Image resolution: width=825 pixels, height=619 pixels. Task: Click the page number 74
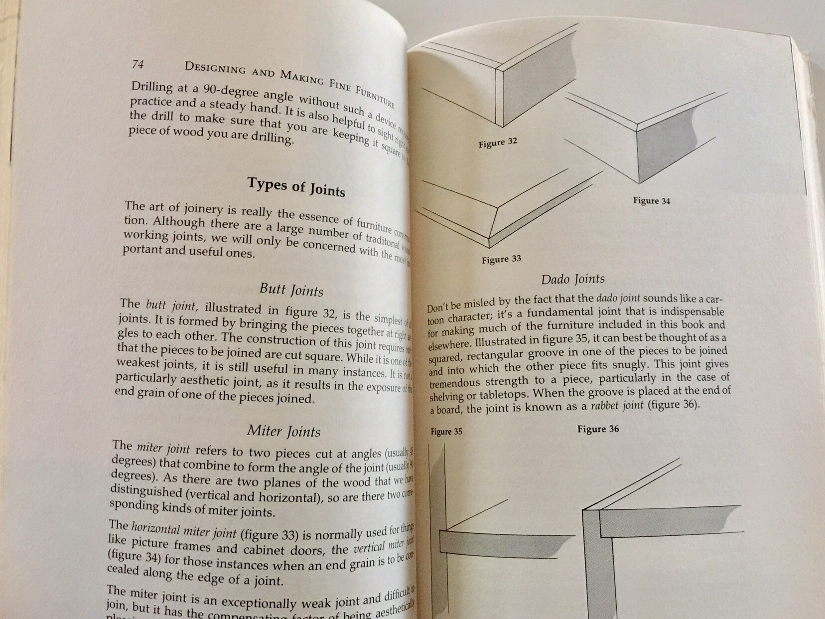pyautogui.click(x=138, y=64)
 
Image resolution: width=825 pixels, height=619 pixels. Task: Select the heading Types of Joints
pyautogui.click(x=296, y=187)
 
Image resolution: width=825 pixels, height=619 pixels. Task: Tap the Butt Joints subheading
pyautogui.click(x=291, y=290)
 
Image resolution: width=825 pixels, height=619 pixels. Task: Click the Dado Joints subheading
pyautogui.click(x=573, y=280)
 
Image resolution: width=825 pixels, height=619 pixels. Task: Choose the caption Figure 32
pyautogui.click(x=498, y=143)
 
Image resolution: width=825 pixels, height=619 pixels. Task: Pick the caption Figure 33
pyautogui.click(x=501, y=259)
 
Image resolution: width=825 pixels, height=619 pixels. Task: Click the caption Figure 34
pyautogui.click(x=652, y=201)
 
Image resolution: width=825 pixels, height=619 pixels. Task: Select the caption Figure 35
pyautogui.click(x=446, y=432)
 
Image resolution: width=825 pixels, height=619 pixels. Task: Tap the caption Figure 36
pyautogui.click(x=598, y=429)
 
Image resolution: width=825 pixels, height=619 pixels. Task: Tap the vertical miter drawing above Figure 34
pyautogui.click(x=648, y=145)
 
